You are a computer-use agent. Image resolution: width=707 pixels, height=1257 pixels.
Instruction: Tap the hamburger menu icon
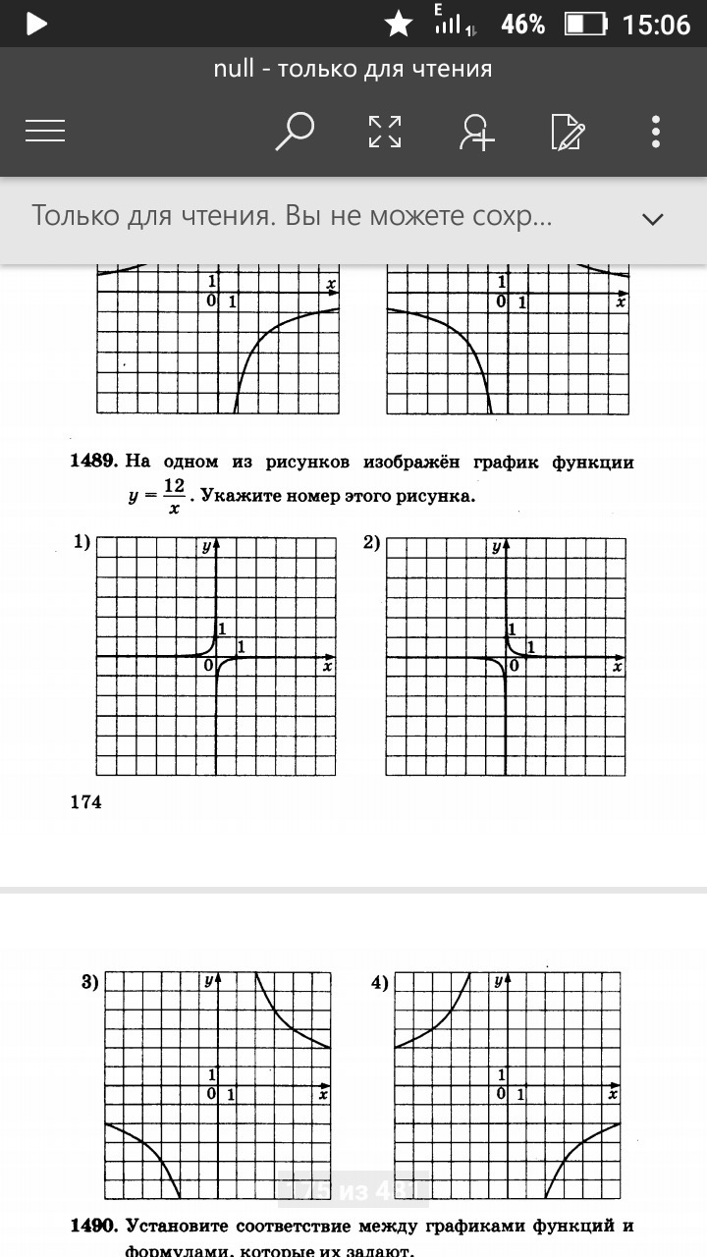(45, 132)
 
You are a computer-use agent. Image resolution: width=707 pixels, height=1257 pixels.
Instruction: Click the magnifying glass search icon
(294, 132)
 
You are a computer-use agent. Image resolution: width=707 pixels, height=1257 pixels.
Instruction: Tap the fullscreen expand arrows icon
(384, 132)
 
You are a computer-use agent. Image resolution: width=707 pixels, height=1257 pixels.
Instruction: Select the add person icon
(477, 132)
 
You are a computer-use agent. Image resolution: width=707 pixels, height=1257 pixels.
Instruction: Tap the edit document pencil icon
(568, 132)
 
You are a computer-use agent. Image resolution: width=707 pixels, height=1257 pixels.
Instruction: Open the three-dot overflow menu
(656, 132)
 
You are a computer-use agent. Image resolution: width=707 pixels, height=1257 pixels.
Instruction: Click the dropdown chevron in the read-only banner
(653, 218)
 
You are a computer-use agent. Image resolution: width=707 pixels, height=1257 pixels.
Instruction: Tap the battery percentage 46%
(522, 24)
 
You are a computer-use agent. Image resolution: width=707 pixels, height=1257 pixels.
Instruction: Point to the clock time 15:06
(657, 24)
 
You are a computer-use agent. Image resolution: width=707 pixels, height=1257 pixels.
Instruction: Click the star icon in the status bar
(398, 24)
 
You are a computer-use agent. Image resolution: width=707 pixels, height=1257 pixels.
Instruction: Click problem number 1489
(94, 462)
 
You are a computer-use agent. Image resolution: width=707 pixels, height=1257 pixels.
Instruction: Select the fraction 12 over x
(174, 496)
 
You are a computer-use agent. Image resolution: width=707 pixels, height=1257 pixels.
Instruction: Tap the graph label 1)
(82, 542)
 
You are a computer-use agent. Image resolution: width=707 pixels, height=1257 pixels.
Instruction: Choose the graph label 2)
(372, 542)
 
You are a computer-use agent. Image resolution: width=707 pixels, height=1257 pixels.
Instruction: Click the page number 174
(86, 802)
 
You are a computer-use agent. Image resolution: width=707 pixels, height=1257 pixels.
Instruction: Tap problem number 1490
(94, 1226)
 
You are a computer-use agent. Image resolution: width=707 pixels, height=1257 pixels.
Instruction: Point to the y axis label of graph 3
(208, 981)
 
